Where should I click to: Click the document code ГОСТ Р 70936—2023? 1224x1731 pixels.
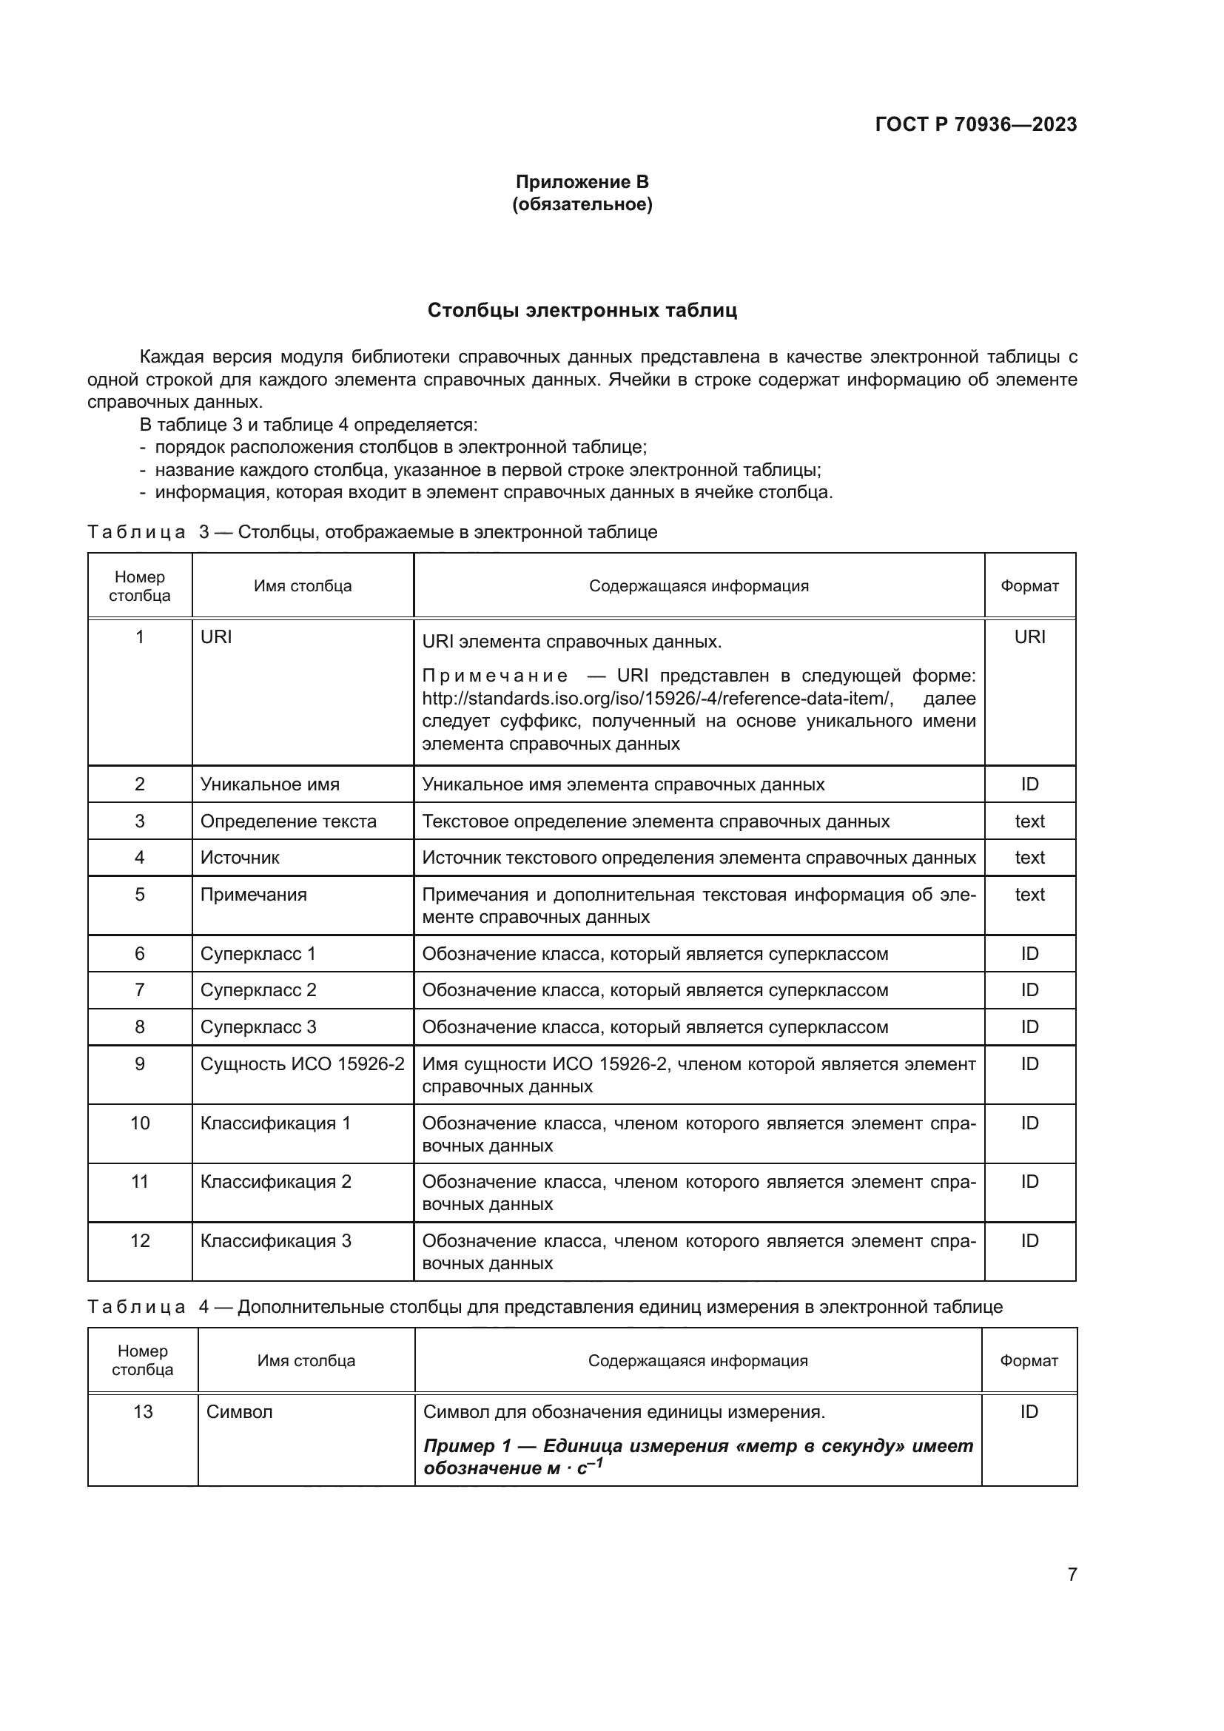tap(975, 124)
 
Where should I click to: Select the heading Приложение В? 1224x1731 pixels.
tap(582, 182)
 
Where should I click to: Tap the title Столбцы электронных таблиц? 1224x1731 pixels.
tap(582, 311)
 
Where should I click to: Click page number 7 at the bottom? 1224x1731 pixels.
tap(1072, 1574)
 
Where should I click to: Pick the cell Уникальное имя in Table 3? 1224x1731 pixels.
tap(270, 784)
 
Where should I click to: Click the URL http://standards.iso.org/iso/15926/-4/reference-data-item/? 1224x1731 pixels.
tap(657, 698)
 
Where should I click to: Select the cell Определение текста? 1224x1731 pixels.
tap(288, 821)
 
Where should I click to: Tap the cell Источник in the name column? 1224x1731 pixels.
tap(240, 857)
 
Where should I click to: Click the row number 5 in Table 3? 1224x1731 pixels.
tap(139, 895)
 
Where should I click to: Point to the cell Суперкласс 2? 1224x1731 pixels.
tap(258, 990)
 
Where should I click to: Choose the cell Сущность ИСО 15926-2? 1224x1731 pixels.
tap(302, 1063)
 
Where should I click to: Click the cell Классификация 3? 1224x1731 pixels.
tap(275, 1241)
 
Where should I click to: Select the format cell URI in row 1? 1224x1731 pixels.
tap(1029, 637)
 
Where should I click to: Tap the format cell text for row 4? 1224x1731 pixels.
tap(1029, 857)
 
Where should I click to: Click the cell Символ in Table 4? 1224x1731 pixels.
tap(239, 1412)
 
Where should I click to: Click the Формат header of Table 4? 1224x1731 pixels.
tap(1029, 1361)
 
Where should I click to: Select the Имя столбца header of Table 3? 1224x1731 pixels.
tap(302, 586)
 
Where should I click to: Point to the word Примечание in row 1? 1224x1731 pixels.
tap(494, 676)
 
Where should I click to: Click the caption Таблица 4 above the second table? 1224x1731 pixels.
tap(135, 1307)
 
